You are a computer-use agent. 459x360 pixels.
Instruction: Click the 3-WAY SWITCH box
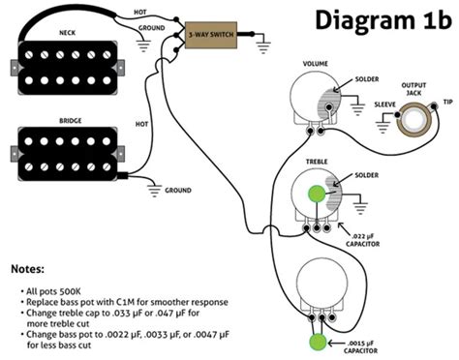coord(211,35)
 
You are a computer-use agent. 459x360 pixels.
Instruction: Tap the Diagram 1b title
coord(383,20)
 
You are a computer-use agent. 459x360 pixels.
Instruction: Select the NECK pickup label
coord(68,33)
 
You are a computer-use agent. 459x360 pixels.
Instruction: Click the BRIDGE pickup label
coord(71,121)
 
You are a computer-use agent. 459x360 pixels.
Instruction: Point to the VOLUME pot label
coord(316,64)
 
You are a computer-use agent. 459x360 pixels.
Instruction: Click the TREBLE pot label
coord(317,162)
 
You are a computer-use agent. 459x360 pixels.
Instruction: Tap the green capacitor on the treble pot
coord(317,194)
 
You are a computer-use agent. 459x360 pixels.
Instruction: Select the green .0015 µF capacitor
coord(318,342)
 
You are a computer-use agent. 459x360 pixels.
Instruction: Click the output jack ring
coord(413,119)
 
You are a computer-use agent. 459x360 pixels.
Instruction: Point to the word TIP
coord(448,102)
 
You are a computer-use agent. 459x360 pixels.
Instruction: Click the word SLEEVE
coord(384,105)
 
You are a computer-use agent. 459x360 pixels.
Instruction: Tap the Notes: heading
coord(27,269)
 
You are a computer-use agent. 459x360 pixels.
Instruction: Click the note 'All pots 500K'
coord(51,291)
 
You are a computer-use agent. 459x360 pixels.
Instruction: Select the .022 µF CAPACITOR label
coord(363,240)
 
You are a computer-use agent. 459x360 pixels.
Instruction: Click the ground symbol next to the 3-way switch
coord(263,45)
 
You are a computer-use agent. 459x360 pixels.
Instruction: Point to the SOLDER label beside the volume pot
coord(367,79)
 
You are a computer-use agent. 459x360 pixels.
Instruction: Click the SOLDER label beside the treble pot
coord(367,175)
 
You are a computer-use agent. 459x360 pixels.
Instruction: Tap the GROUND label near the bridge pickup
coord(178,191)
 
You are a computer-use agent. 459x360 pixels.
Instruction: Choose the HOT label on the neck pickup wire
coord(140,13)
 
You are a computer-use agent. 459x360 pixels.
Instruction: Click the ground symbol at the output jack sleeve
coord(382,124)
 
